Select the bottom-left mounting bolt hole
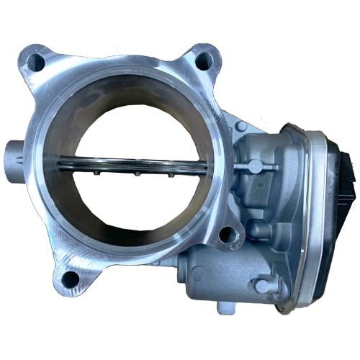point(70,277)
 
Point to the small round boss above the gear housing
point(241,126)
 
